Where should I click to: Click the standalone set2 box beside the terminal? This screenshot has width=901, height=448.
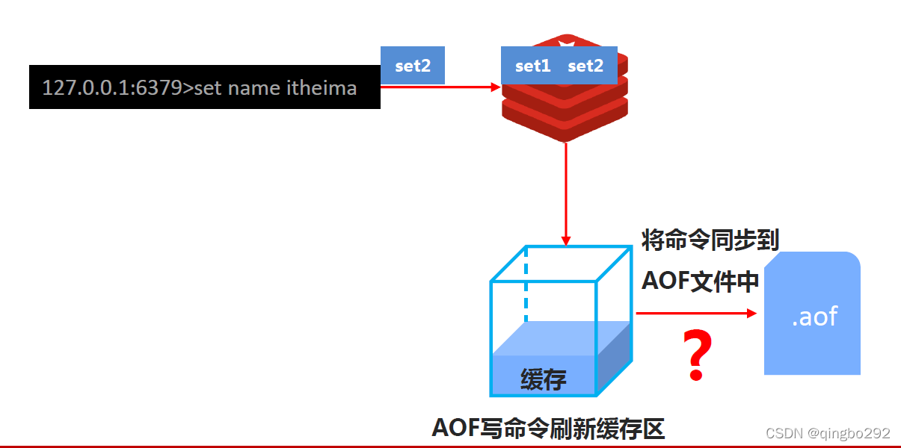413,66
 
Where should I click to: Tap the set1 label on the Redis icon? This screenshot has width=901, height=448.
532,66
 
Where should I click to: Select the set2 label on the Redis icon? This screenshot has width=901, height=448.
585,66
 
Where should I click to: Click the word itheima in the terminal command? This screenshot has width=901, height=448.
322,88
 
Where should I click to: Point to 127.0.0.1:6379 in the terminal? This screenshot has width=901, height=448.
112,88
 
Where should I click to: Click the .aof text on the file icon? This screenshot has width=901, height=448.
814,316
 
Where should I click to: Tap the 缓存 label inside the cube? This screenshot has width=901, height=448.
544,379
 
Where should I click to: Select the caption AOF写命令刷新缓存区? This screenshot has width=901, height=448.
548,429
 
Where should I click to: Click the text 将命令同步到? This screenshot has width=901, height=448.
710,240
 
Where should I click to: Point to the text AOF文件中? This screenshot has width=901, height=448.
700,281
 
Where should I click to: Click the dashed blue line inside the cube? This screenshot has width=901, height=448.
526,284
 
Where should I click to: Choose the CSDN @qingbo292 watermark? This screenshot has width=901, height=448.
828,433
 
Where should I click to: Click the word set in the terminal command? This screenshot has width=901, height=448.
209,88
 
